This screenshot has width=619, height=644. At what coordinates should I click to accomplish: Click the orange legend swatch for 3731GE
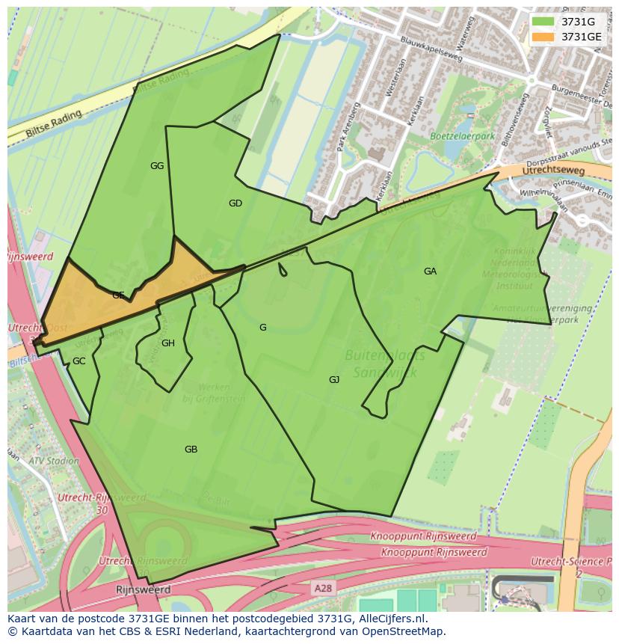(x=543, y=37)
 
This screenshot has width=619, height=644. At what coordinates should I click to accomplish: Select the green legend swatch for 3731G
(x=543, y=22)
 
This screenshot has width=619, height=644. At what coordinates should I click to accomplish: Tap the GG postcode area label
(x=157, y=166)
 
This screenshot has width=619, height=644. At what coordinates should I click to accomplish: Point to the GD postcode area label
(x=235, y=203)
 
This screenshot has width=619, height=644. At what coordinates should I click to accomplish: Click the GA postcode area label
(x=430, y=272)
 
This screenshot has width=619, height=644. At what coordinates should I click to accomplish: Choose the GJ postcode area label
(x=334, y=380)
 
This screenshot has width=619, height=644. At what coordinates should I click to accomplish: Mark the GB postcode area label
(x=191, y=450)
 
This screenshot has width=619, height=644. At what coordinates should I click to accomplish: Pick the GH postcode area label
(x=168, y=343)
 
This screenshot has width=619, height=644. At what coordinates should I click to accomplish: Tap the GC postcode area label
(x=78, y=361)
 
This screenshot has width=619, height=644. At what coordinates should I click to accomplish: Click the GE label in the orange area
(x=118, y=295)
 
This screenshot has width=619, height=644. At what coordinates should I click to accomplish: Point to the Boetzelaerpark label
(x=463, y=137)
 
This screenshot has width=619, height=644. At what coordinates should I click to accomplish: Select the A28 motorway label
(x=323, y=589)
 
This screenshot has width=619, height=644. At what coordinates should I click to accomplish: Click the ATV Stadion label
(x=53, y=461)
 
